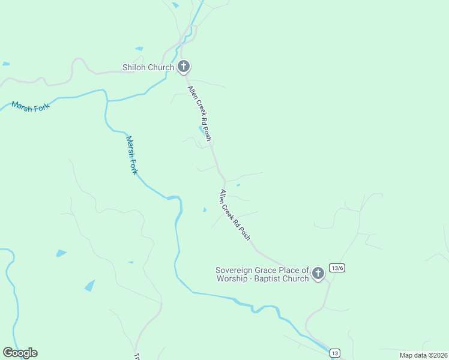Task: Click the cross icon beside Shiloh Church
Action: coord(184,67)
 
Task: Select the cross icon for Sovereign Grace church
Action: coord(318,274)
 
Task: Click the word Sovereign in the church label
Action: coord(234,270)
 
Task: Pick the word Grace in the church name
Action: coord(267,270)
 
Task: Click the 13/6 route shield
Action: coord(337,268)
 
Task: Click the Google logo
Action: coord(20,353)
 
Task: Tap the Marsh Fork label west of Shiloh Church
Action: coord(29,106)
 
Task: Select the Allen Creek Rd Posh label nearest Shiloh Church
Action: coord(200,113)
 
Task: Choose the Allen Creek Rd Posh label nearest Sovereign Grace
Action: coord(235,215)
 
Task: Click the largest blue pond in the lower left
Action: coord(89,286)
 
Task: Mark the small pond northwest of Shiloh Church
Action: coord(139,49)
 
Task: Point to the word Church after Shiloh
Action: coord(161,67)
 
